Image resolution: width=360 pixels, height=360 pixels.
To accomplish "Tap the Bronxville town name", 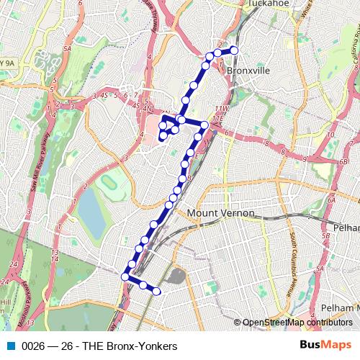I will click(x=248, y=72).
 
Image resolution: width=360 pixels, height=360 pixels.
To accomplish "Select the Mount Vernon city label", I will click(x=221, y=213).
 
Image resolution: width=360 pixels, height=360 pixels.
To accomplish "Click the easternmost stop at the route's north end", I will click(x=233, y=50).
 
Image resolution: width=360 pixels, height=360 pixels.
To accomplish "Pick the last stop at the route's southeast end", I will click(x=156, y=291).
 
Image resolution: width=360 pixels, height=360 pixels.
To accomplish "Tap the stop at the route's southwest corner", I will click(x=125, y=276).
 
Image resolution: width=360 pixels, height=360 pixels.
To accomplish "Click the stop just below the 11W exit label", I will click(x=204, y=125).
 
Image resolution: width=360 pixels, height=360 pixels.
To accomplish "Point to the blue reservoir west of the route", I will click(x=89, y=210).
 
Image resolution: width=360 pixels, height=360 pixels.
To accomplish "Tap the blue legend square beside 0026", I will click(x=12, y=346).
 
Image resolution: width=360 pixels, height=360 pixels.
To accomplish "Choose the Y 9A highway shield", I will click(x=6, y=63).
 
